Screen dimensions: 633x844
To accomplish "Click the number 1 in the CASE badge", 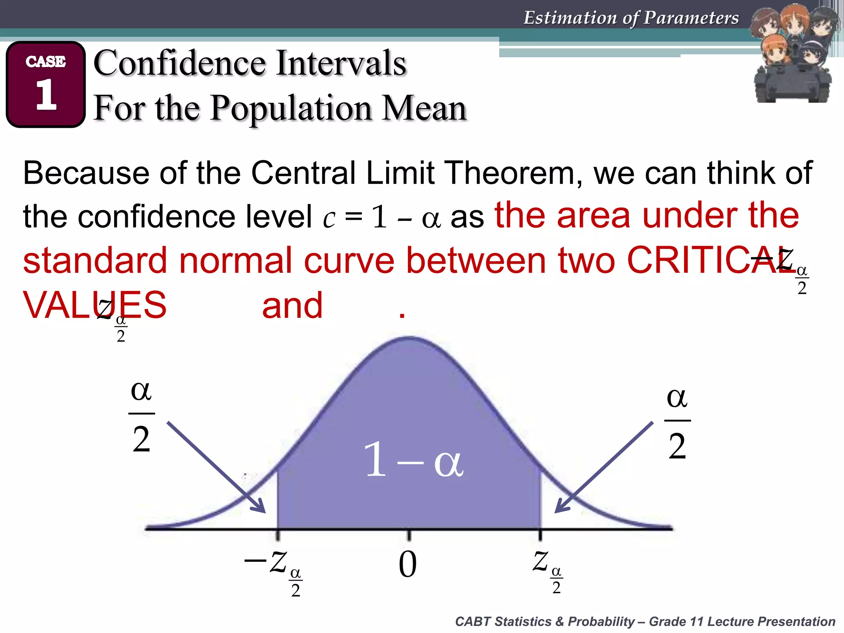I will click(46, 94).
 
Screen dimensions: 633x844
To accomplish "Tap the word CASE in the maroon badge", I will click(46, 61).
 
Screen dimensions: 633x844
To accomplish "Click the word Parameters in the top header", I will click(691, 18).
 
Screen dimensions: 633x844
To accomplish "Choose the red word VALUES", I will click(95, 305).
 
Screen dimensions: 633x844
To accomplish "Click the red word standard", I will click(95, 260).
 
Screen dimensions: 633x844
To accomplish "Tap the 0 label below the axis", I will click(408, 564).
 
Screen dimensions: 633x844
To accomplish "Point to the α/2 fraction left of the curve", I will click(141, 416).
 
